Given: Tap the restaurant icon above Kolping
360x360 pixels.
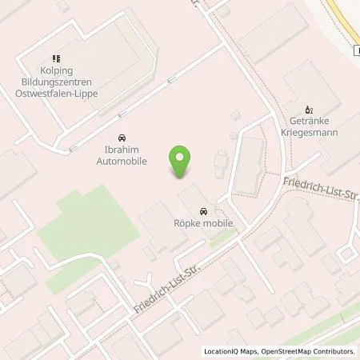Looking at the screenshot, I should click(x=56, y=58).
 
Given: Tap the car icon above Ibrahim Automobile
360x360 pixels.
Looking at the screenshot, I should click(x=122, y=137).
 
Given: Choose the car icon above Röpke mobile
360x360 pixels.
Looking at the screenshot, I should click(x=203, y=211).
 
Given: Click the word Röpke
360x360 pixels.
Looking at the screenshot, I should click(x=189, y=225).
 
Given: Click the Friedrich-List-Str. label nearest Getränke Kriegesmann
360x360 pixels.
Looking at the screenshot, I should click(x=317, y=192).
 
